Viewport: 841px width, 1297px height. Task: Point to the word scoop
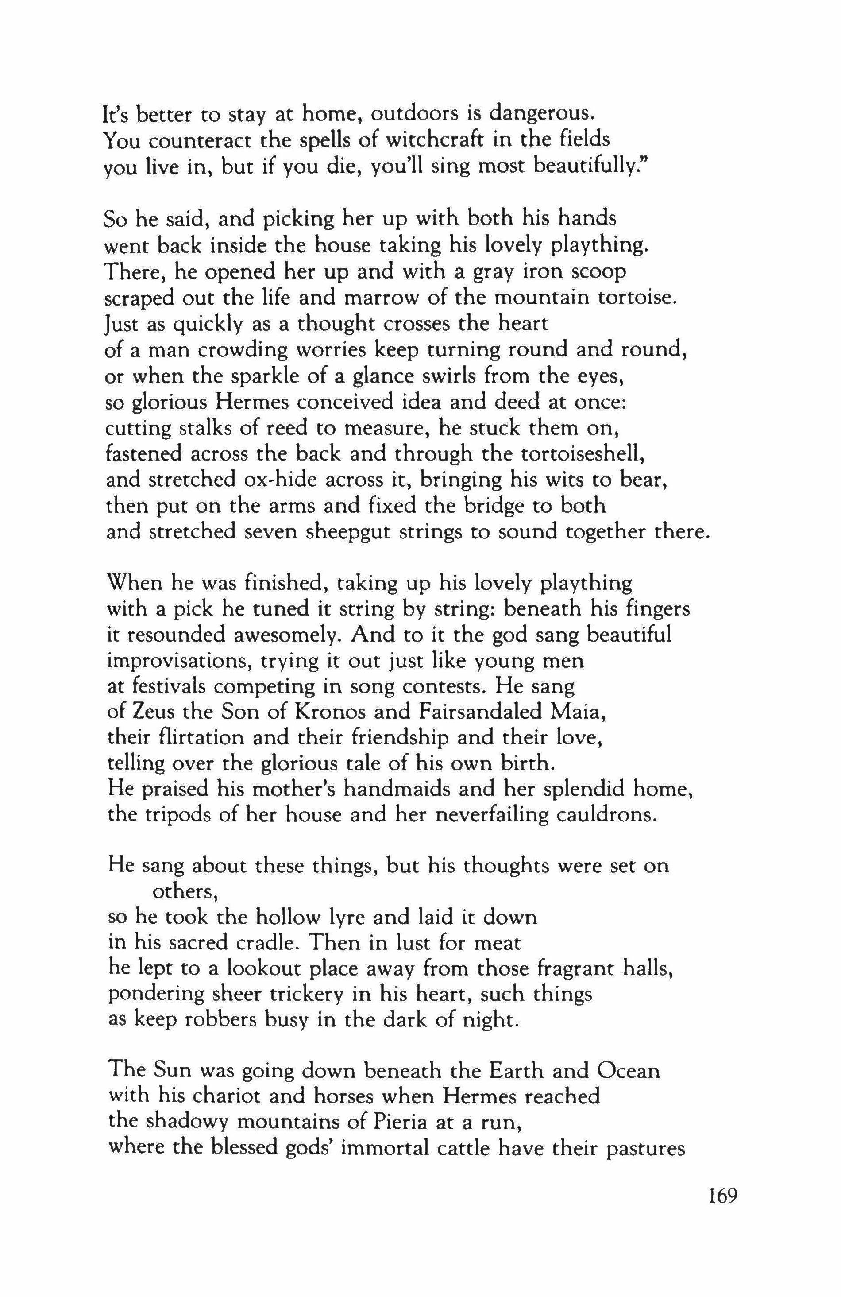[x=599, y=272]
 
